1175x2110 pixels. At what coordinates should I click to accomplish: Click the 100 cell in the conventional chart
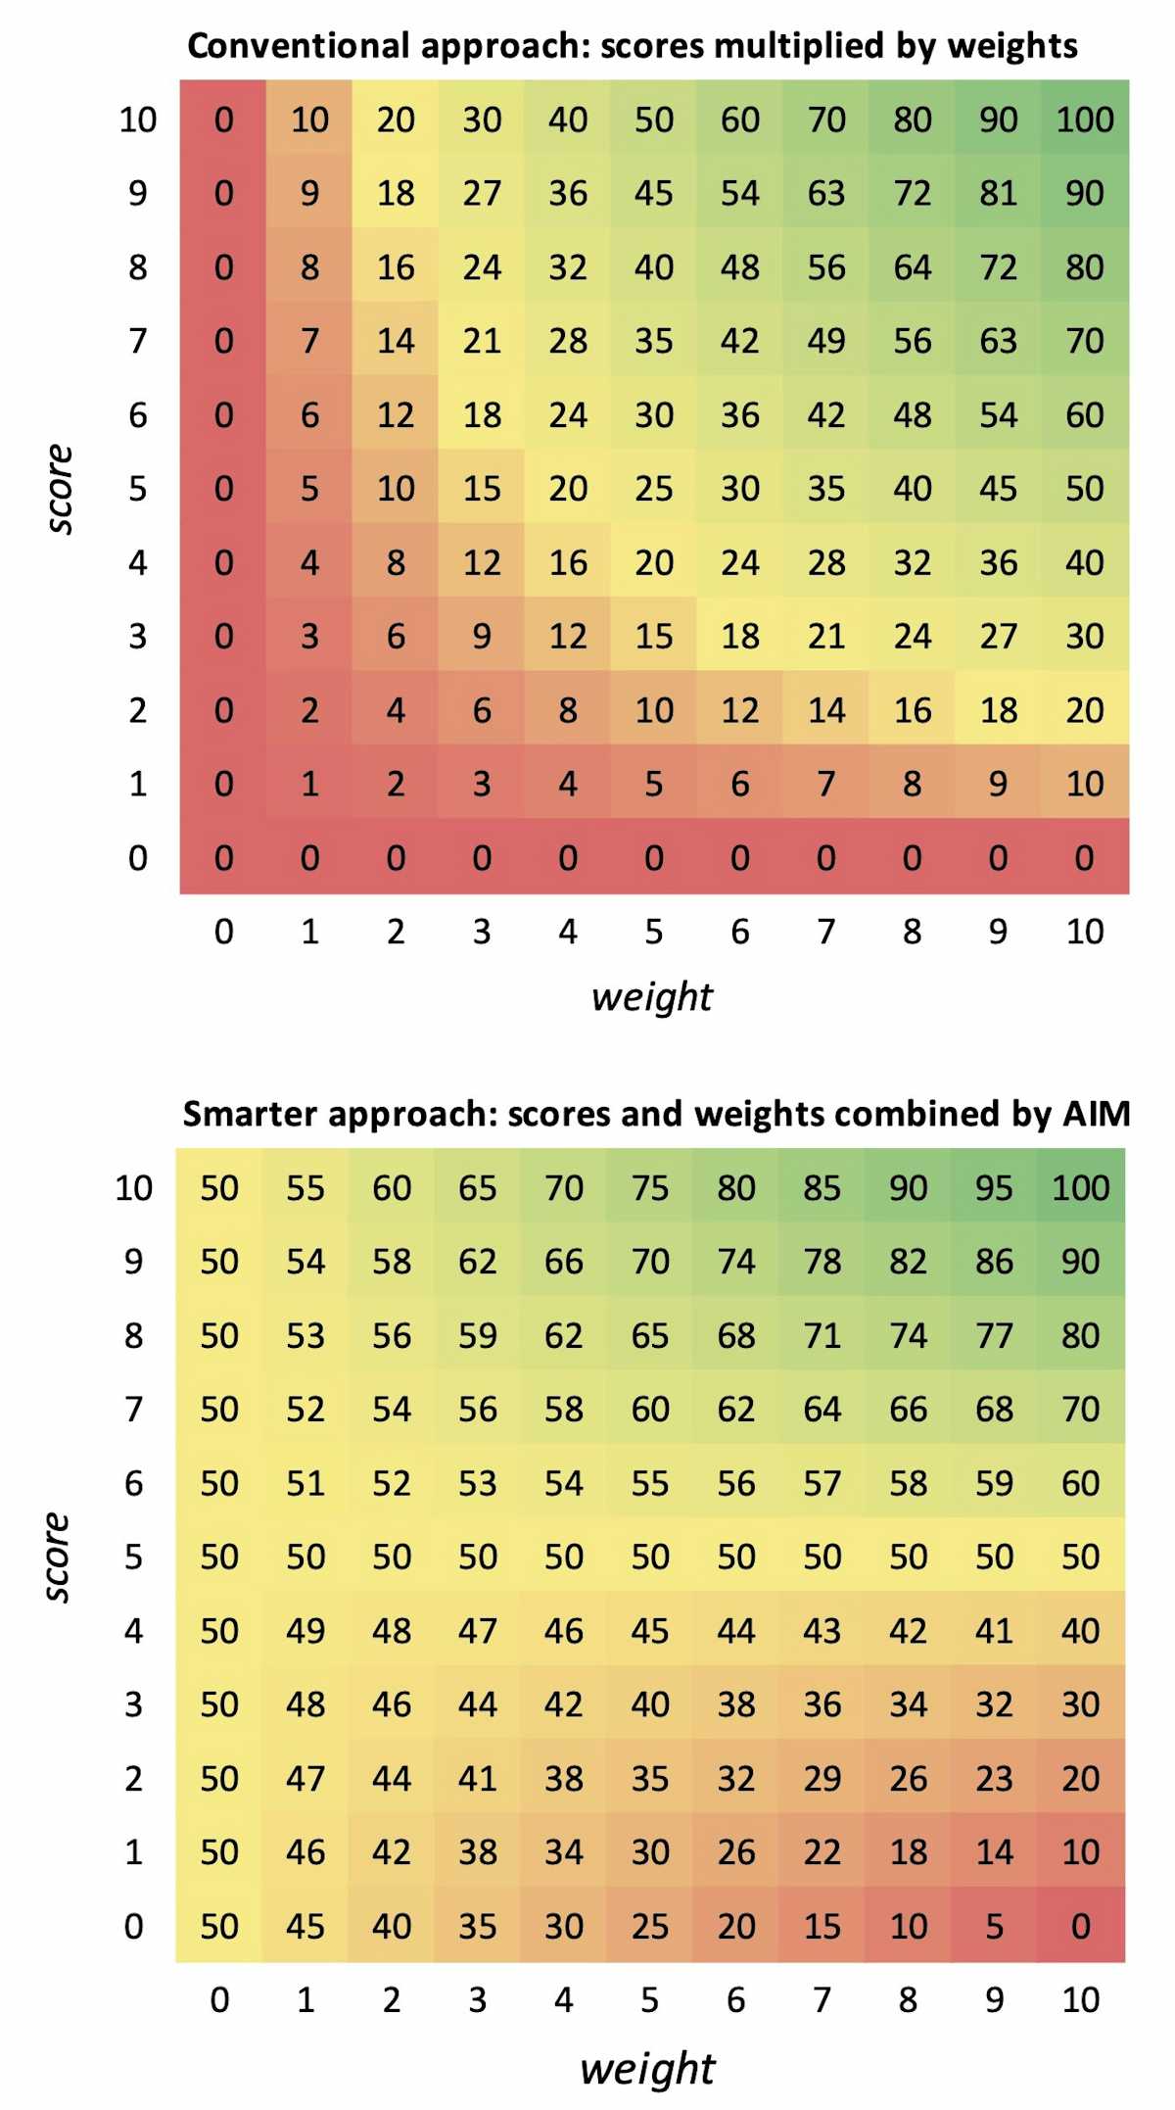pos(1084,120)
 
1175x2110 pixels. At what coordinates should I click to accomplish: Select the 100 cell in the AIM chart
pos(1080,1187)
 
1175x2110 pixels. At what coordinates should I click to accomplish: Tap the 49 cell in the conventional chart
pos(825,341)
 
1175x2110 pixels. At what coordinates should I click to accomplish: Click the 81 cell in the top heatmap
pos(998,193)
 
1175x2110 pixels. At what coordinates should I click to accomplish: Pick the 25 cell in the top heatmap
pos(653,489)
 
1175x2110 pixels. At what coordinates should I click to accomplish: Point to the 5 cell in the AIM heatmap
pos(994,1926)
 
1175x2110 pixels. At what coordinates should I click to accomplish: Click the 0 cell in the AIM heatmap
pos(1080,1926)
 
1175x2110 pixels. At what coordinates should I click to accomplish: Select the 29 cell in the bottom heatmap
pos(822,1778)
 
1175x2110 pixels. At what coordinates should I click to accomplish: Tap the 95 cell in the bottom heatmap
pos(994,1187)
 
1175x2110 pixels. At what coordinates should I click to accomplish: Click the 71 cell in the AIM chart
pos(822,1335)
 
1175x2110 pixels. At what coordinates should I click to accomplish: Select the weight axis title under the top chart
pos(652,996)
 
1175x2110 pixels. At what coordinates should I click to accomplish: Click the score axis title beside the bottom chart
pos(57,1557)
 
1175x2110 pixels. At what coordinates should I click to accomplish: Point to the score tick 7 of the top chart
pos(137,341)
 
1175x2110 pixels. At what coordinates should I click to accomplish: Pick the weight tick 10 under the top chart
pos(1084,932)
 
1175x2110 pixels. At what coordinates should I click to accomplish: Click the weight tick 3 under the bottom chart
pos(477,1999)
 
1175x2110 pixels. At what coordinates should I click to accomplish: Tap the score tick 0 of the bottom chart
pos(133,1926)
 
